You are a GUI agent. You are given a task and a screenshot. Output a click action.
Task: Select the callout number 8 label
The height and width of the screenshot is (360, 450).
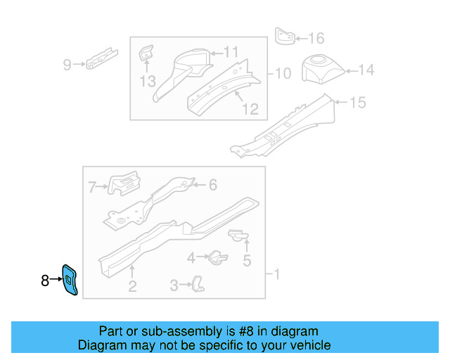tap(45, 281)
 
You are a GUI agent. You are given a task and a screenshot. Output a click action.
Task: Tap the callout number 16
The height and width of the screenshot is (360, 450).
tap(316, 38)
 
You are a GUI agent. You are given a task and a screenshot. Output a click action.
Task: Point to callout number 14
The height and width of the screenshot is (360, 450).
tap(367, 70)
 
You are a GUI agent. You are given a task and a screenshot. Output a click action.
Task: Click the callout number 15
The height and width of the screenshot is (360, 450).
tap(358, 103)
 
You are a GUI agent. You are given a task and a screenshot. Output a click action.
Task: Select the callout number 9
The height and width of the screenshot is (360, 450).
tap(67, 65)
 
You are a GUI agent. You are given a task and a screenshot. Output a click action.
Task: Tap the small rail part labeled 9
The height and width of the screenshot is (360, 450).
tap(101, 59)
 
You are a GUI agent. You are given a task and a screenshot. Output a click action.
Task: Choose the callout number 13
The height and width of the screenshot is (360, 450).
tap(147, 82)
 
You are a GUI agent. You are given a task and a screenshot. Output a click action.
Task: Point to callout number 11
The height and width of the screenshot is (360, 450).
tap(231, 51)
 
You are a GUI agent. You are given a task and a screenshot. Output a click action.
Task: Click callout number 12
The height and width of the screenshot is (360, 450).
tap(250, 109)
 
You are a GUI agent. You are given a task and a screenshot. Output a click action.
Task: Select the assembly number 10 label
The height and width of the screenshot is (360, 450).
tap(282, 73)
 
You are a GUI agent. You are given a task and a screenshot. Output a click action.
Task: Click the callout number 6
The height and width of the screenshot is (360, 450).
tap(212, 185)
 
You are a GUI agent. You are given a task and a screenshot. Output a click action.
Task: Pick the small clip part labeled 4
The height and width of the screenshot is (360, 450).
tap(217, 258)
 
